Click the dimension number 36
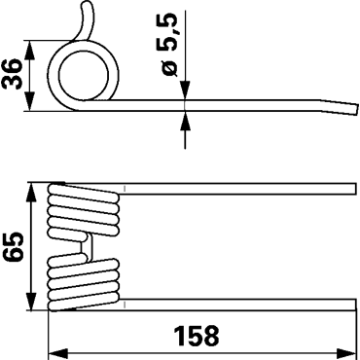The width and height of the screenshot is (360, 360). click(13, 75)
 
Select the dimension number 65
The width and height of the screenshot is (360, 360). click(13, 246)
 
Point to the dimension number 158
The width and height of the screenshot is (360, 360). click(197, 336)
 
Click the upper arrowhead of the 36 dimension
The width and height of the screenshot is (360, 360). click(29, 51)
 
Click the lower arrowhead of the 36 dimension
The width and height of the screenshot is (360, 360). click(29, 101)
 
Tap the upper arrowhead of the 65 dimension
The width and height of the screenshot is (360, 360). click(31, 193)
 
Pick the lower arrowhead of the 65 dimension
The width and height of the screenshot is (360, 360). click(31, 302)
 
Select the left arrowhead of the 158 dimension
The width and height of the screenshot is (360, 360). click(58, 352)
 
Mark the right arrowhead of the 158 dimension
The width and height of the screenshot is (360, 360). click(346, 352)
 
